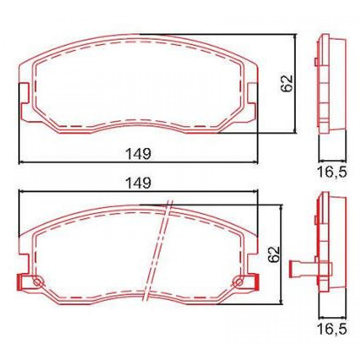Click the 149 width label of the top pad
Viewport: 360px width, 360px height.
(138, 154)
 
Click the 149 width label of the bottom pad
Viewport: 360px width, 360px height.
(138, 183)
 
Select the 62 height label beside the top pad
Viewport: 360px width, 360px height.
(286, 83)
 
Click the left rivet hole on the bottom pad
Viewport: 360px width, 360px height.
(38, 281)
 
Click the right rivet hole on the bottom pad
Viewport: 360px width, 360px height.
(239, 281)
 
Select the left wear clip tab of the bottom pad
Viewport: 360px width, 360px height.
(20, 282)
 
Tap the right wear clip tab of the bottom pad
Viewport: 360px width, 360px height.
(256, 282)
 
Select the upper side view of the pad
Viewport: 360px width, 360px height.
(330, 84)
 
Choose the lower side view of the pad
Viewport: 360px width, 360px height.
(330, 243)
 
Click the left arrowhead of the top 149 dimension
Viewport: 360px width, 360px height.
(20, 162)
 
